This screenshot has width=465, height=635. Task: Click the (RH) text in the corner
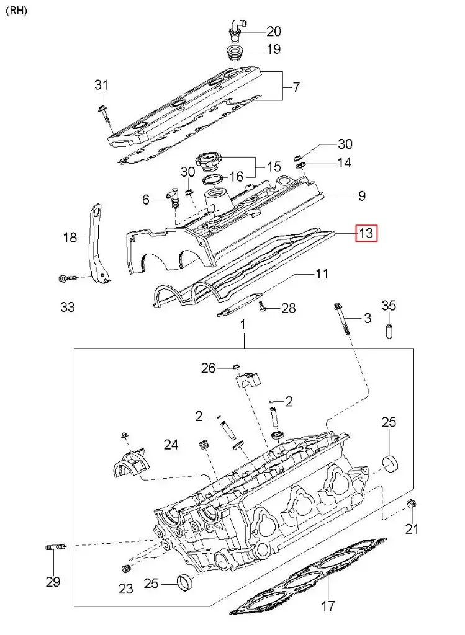pyautogui.click(x=17, y=11)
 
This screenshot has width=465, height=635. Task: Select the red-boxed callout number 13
pyautogui.click(x=366, y=233)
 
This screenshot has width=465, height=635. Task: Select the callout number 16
pyautogui.click(x=237, y=177)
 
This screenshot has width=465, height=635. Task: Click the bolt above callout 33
pyautogui.click(x=67, y=280)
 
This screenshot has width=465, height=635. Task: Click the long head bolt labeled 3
pyautogui.click(x=342, y=317)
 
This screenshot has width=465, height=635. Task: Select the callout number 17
pyautogui.click(x=328, y=606)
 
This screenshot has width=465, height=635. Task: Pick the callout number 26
pyautogui.click(x=208, y=368)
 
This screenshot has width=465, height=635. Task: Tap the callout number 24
pyautogui.click(x=171, y=444)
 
